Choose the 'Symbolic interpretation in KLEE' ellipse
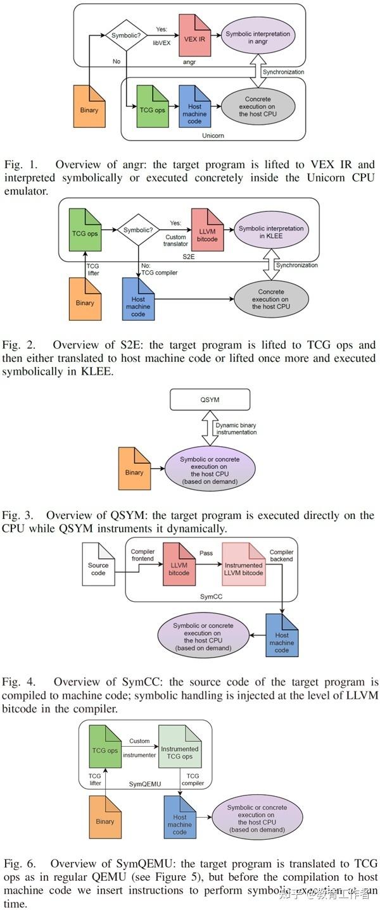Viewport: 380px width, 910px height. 270,232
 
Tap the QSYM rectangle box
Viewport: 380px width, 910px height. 210,399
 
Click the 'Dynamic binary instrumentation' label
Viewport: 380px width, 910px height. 236,428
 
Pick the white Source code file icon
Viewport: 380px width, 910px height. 98,564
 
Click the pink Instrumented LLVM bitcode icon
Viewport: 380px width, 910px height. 243,564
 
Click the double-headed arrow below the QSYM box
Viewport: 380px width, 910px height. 209,428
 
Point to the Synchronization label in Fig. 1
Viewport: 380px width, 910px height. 283,72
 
